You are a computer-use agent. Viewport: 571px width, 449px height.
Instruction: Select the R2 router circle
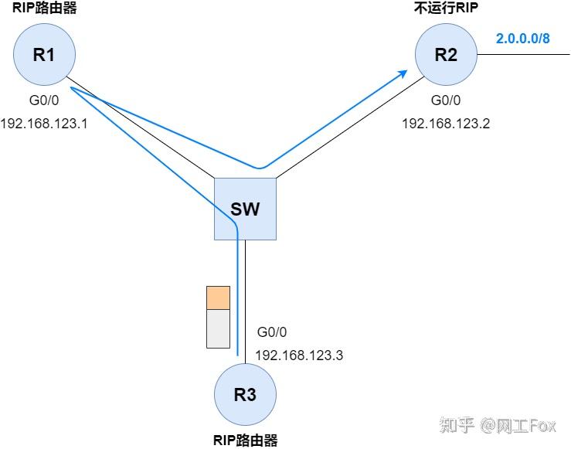[446, 54]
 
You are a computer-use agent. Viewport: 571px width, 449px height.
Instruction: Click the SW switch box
[245, 208]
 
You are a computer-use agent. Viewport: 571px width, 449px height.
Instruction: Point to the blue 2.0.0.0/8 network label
[523, 39]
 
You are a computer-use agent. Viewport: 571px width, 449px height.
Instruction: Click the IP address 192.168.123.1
[43, 123]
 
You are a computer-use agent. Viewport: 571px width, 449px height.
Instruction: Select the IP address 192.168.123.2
[446, 123]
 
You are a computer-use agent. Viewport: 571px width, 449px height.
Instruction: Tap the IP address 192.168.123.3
[298, 355]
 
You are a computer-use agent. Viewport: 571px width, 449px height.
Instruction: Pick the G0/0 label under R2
[446, 100]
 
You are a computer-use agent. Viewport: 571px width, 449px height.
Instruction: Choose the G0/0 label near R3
[272, 332]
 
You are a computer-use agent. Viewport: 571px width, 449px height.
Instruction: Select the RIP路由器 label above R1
[44, 10]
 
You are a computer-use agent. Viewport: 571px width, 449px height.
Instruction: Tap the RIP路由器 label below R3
[244, 440]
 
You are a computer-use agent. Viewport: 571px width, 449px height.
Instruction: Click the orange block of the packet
[219, 298]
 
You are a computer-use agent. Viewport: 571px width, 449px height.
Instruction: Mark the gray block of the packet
[219, 328]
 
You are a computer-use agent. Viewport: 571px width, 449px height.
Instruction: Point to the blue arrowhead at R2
[403, 73]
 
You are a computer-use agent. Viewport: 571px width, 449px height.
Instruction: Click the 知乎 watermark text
[456, 425]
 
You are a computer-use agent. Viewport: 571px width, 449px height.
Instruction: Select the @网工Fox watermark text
[519, 425]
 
